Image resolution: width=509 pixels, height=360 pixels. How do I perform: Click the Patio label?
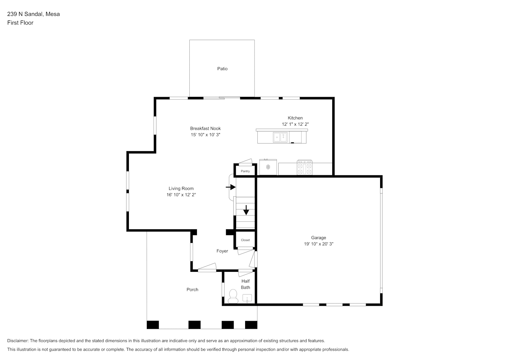(x=222, y=69)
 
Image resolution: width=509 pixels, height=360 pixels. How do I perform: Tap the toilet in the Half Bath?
(x=233, y=296)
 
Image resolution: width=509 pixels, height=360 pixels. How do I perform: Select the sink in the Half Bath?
(x=247, y=298)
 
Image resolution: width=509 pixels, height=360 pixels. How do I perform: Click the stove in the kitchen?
(x=305, y=167)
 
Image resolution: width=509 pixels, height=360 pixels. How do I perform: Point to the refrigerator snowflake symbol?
(x=268, y=167)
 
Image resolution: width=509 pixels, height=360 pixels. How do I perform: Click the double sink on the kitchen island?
(x=280, y=137)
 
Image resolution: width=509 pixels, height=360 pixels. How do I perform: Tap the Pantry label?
(x=245, y=171)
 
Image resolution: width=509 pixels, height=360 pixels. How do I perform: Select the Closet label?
(x=246, y=240)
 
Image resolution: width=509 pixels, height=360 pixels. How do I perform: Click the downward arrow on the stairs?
(x=246, y=210)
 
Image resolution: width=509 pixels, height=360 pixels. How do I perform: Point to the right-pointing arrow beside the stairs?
(x=231, y=187)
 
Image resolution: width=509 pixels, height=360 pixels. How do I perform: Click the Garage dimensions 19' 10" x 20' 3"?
(x=319, y=244)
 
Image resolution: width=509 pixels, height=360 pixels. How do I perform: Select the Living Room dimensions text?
(x=181, y=194)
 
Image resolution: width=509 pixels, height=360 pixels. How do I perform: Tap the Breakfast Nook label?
(x=206, y=129)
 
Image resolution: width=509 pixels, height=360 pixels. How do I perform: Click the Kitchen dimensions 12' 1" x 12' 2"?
(x=295, y=124)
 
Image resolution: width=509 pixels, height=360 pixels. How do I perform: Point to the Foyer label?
(x=222, y=251)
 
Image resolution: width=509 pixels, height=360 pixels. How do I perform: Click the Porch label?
(x=193, y=289)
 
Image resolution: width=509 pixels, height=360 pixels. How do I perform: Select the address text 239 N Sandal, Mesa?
(x=33, y=14)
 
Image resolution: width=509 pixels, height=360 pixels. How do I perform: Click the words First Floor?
(x=20, y=23)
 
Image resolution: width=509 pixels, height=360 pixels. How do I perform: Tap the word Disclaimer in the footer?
(x=18, y=341)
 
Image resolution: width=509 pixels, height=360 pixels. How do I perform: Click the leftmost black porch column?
(x=153, y=325)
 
